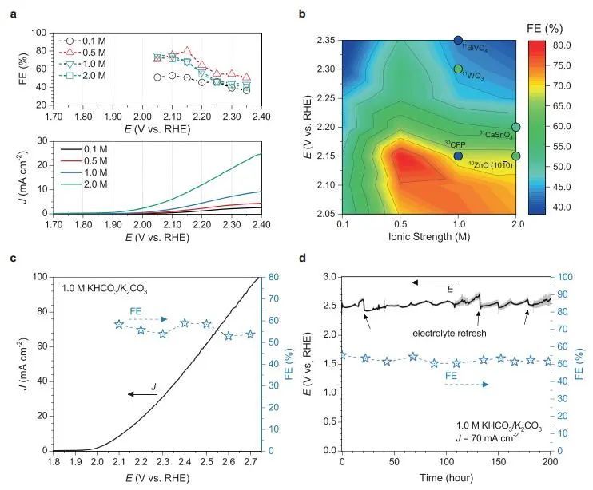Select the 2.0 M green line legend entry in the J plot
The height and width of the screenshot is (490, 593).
[74, 187]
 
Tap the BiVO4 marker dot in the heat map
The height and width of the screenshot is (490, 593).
[459, 40]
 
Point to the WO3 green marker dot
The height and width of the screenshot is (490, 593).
[458, 69]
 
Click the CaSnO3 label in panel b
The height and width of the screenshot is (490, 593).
[495, 135]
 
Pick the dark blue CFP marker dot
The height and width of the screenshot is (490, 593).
[458, 156]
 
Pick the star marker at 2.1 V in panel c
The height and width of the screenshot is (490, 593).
[119, 325]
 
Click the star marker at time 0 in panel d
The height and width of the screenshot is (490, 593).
[343, 355]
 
